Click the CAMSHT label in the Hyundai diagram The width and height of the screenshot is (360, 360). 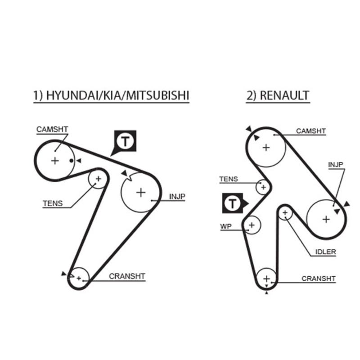[x=52, y=130]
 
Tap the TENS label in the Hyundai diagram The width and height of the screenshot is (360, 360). [x=53, y=203]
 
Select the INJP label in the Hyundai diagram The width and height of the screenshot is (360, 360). [x=177, y=196]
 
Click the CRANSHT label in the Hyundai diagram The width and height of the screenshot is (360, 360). [x=127, y=276]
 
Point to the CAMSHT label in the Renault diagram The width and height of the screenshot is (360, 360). [x=310, y=131]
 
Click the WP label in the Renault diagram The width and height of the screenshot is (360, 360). [x=225, y=227]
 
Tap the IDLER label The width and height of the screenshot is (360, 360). [x=325, y=252]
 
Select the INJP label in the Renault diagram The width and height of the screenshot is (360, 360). [x=336, y=165]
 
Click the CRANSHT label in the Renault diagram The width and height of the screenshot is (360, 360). [x=319, y=279]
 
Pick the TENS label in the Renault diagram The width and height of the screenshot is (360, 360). [x=229, y=179]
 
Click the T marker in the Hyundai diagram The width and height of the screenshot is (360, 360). [x=126, y=142]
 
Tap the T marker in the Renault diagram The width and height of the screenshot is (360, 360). [x=233, y=204]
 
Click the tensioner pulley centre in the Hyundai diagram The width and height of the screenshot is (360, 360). [x=98, y=180]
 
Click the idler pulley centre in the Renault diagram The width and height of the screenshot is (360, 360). [x=285, y=212]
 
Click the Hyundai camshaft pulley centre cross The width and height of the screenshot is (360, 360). [x=55, y=161]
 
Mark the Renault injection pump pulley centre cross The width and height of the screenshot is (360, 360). [x=326, y=219]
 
